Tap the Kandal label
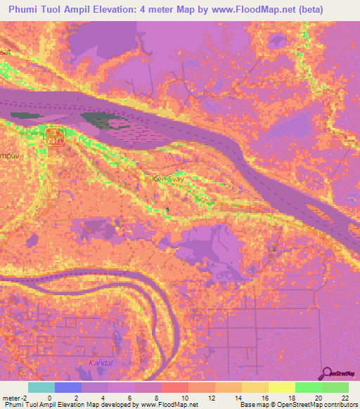pos(101,363)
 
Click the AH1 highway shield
pos(54,140)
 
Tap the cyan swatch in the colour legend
pos(41,387)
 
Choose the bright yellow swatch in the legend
pos(281,387)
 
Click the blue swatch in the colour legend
pos(68,387)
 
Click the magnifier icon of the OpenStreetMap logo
pos(327,372)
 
